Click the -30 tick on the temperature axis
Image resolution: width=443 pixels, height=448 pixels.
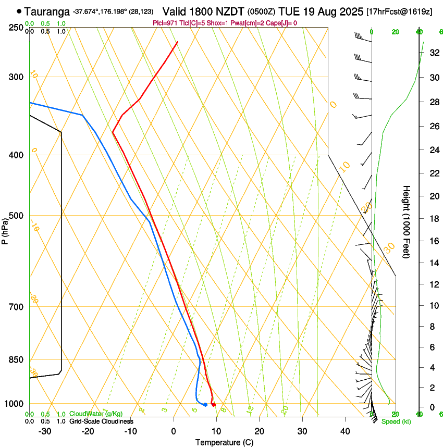pos(45,431)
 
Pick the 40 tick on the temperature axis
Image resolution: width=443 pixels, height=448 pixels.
pos(345,431)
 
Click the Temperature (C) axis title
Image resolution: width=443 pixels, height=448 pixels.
pos(224,442)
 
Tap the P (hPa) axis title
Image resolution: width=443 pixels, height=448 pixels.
pos(5,229)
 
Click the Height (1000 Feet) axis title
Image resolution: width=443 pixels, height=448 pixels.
pos(407,221)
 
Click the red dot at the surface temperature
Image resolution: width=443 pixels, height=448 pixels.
pos(214,405)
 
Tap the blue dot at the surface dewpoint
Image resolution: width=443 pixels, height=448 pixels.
pos(205,405)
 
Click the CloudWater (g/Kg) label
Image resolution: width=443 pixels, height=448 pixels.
pos(96,414)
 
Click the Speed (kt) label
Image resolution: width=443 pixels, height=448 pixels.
pos(396,421)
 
